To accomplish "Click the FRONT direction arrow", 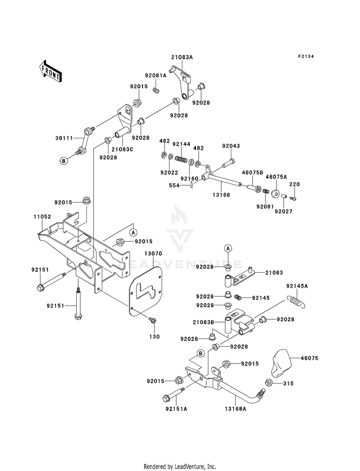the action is click(x=50, y=71).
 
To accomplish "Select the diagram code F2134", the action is click(x=306, y=57).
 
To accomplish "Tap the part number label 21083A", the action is click(x=182, y=57).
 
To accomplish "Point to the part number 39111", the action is click(x=64, y=138).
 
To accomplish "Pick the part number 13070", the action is click(x=153, y=254).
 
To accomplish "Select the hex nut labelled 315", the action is click(x=268, y=383).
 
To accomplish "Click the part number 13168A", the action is click(x=235, y=409).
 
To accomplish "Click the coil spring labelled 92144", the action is click(x=181, y=158).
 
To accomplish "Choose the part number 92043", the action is click(x=231, y=146).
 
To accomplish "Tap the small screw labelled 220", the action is click(x=292, y=198).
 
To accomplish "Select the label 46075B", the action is click(x=252, y=172).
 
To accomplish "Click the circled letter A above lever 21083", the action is click(x=228, y=248).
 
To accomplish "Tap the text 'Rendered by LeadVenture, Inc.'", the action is click(x=180, y=467).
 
